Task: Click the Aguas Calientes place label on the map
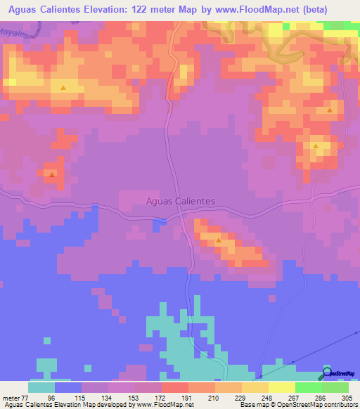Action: click(x=180, y=201)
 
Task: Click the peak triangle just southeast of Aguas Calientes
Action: click(x=219, y=241)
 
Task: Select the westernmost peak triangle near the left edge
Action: click(x=51, y=173)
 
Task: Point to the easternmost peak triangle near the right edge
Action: click(x=330, y=110)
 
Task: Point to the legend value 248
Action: click(x=266, y=397)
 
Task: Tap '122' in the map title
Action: click(x=158, y=10)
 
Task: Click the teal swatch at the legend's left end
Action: click(x=41, y=387)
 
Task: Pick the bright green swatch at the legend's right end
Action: click(x=335, y=387)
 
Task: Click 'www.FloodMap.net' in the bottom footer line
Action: click(x=160, y=405)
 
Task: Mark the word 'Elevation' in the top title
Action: click(x=118, y=10)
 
